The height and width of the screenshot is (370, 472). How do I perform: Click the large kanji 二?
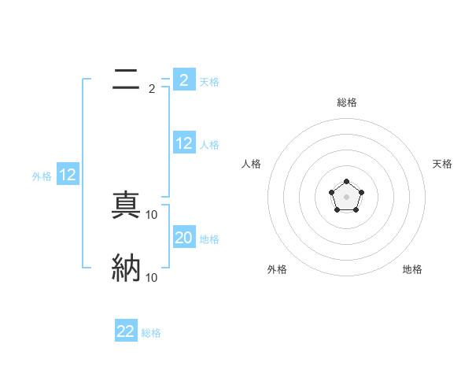point(126,79)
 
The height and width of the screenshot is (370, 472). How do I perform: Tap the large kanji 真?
point(126,205)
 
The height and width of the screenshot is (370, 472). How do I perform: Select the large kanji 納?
point(126,268)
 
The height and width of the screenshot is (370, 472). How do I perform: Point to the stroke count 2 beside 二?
point(152,89)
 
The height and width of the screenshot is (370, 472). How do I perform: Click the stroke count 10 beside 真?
point(152,215)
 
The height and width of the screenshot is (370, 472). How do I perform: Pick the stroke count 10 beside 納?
point(152,278)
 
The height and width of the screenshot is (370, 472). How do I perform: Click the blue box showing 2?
point(184,80)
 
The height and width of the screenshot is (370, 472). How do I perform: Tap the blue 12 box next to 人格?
point(184,142)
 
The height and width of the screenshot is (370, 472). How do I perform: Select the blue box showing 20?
point(184,237)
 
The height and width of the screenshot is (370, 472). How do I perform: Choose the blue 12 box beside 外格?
point(68,175)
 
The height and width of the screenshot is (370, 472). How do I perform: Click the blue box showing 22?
point(126,331)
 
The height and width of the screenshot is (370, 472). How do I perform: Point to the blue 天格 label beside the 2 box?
point(209,81)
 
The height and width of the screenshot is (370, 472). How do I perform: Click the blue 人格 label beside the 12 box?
point(209,145)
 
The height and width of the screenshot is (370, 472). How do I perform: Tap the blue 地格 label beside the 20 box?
point(209,239)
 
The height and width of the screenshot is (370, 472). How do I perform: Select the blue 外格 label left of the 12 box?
point(42,177)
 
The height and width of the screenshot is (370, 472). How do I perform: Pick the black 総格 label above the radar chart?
point(346,102)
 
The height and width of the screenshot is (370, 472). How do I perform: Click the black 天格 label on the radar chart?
point(442,164)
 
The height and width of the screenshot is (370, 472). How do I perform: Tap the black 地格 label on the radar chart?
point(412,270)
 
